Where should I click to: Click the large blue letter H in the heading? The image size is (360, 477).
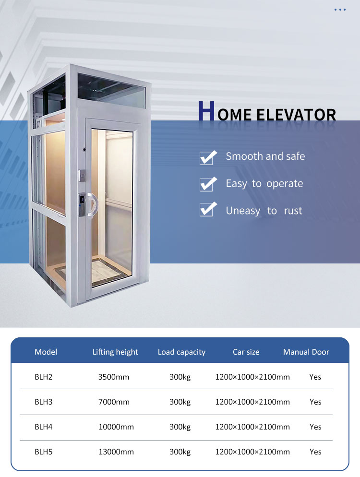pyautogui.click(x=205, y=112)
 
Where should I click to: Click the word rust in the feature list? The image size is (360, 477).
pyautogui.click(x=293, y=211)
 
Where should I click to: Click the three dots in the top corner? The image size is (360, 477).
pyautogui.click(x=340, y=10)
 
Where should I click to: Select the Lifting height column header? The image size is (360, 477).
pyautogui.click(x=115, y=352)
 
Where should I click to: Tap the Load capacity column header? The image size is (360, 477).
pyautogui.click(x=181, y=352)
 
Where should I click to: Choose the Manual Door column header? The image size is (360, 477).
pyautogui.click(x=306, y=352)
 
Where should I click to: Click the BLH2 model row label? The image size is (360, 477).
pyautogui.click(x=43, y=377)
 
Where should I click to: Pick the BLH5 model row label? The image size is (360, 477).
pyautogui.click(x=43, y=452)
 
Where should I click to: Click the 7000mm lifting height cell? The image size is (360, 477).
pyautogui.click(x=114, y=402)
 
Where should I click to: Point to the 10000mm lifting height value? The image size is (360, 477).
pyautogui.click(x=116, y=427)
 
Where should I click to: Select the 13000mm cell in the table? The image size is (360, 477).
pyautogui.click(x=116, y=452)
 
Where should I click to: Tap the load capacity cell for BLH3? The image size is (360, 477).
pyautogui.click(x=180, y=402)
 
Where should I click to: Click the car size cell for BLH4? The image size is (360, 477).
pyautogui.click(x=252, y=427)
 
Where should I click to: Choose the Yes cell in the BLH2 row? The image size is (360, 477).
pyautogui.click(x=315, y=377)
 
